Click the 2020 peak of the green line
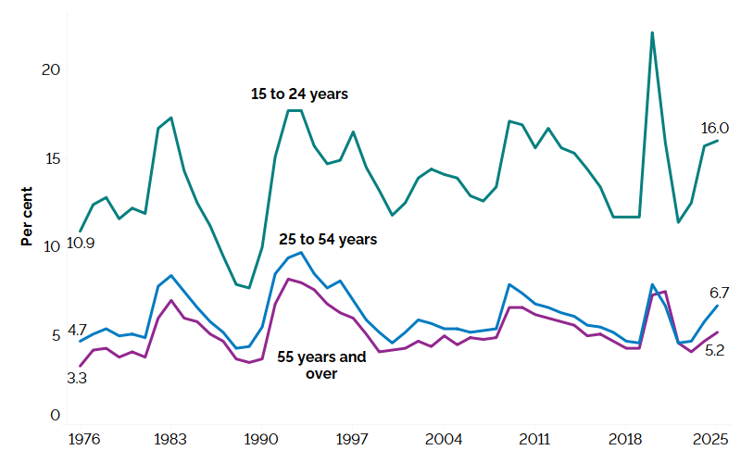tap(653, 32)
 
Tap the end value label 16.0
tap(713, 128)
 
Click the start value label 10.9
tap(82, 244)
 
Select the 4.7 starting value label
tap(78, 330)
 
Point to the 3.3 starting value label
tap(78, 378)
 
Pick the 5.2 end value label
tap(714, 350)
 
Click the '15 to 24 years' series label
tap(299, 94)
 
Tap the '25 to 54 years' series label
tap(328, 239)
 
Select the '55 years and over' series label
tap(321, 365)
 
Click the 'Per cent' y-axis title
tap(28, 215)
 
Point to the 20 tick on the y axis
tap(53, 70)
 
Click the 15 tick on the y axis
tap(53, 158)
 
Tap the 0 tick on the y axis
tap(56, 416)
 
